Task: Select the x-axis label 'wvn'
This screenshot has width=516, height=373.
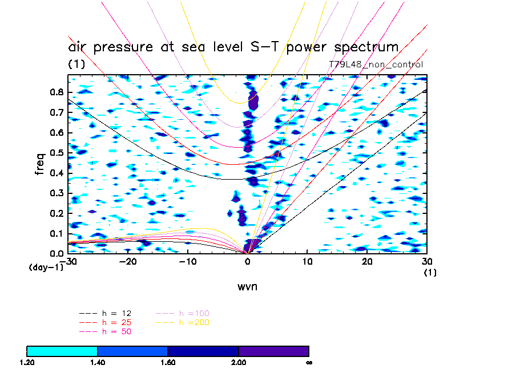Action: click(x=247, y=286)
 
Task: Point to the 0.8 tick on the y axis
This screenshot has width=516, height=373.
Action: click(x=56, y=92)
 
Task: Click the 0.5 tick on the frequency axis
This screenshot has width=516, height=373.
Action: click(x=56, y=153)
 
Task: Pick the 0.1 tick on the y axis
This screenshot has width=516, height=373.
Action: click(x=56, y=233)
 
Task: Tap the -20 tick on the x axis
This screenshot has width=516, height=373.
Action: click(x=127, y=262)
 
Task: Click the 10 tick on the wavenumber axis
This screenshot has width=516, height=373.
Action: click(x=307, y=262)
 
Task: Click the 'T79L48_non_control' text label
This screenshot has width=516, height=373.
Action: click(x=376, y=64)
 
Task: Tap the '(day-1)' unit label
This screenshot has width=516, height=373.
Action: click(x=46, y=267)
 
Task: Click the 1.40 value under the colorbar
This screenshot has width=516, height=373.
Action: click(x=98, y=362)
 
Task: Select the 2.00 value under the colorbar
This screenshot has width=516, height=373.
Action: click(x=239, y=362)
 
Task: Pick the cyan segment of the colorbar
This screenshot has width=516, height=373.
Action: click(x=62, y=350)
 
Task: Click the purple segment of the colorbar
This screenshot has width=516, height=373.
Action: click(x=273, y=350)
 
